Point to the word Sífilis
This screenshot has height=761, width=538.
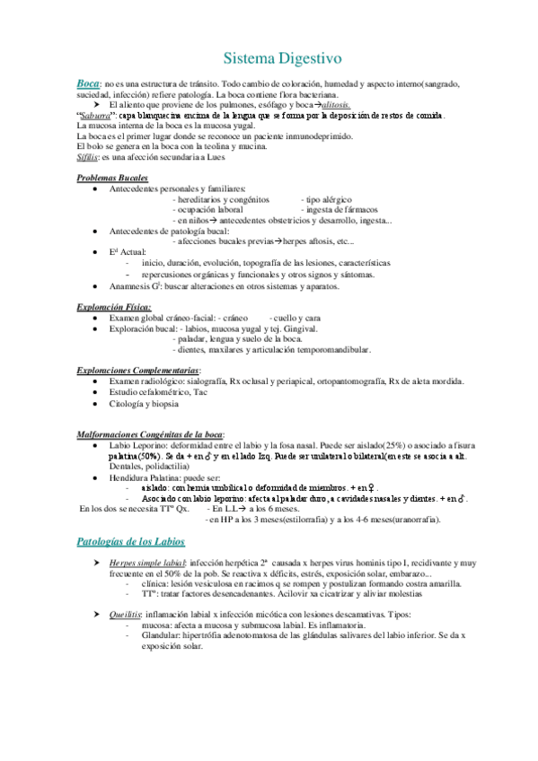(x=90, y=156)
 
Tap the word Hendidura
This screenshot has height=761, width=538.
(x=131, y=477)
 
